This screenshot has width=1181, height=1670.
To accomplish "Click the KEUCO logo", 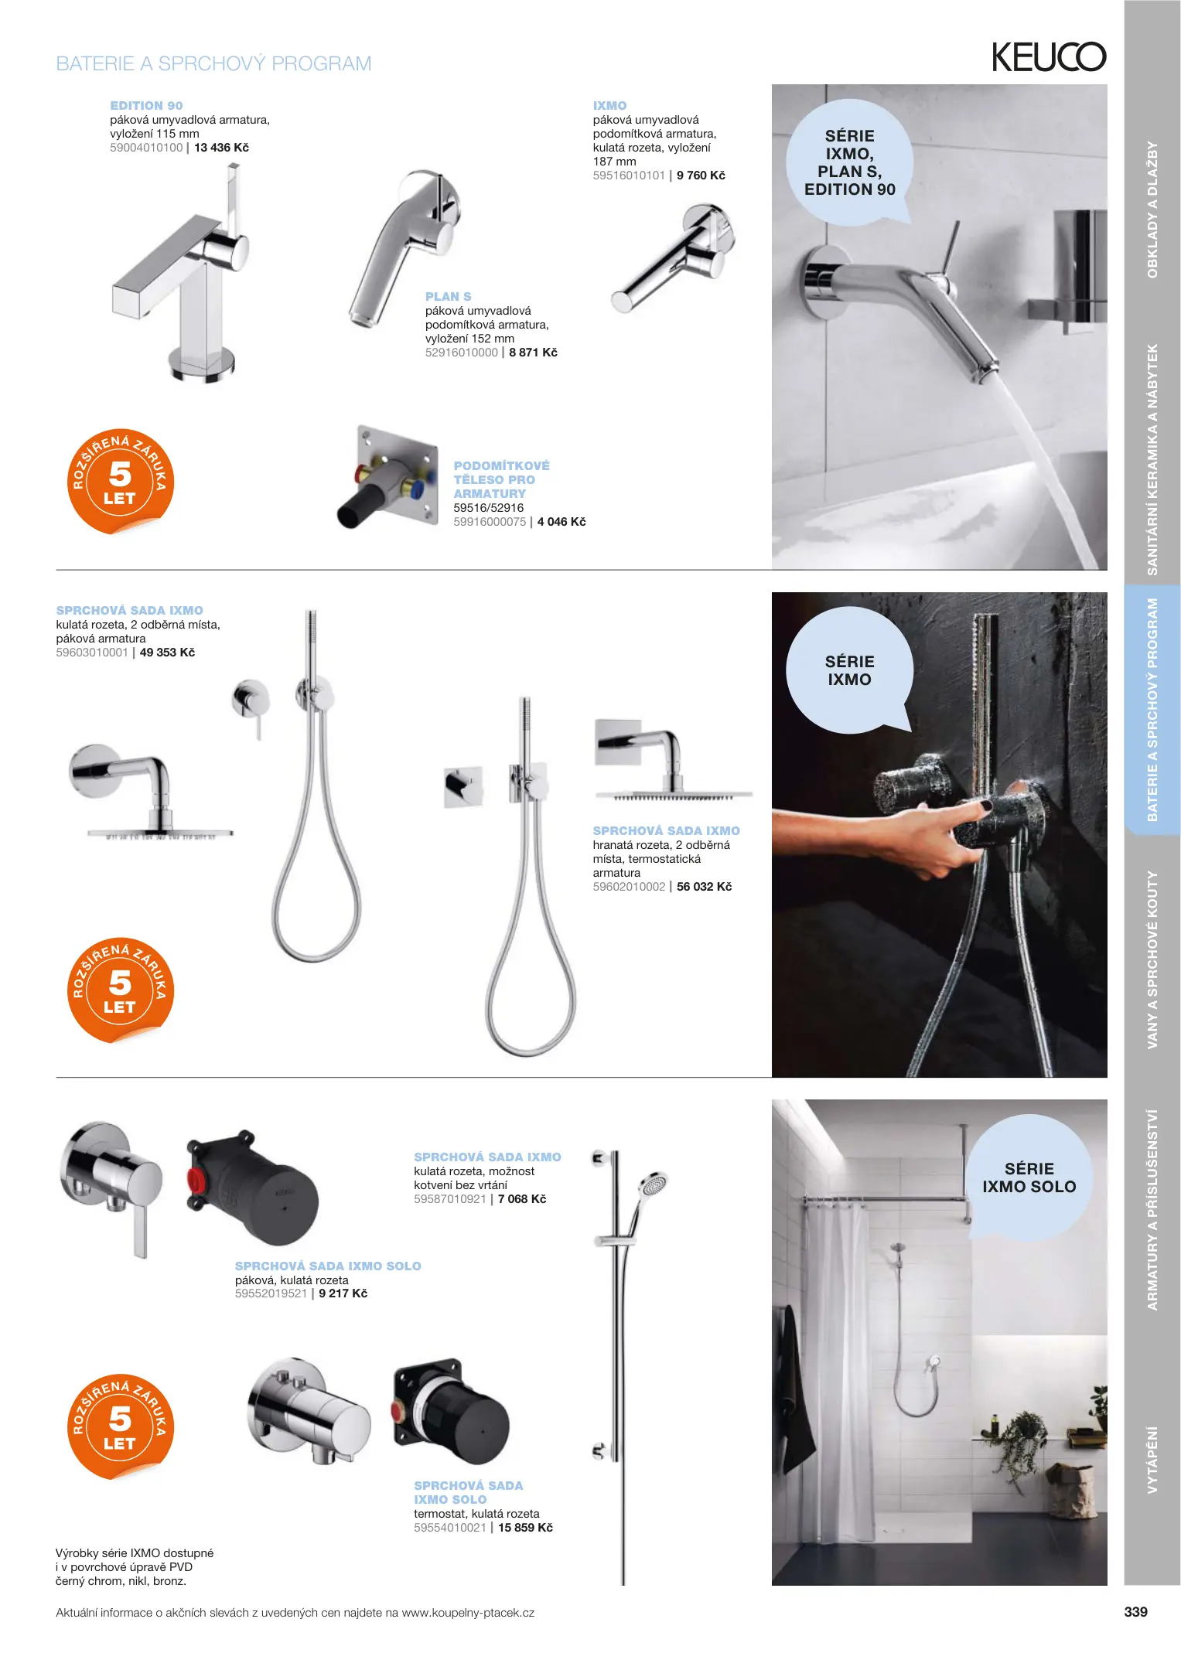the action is click(x=1049, y=56).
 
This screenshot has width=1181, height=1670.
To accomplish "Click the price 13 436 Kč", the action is click(x=221, y=148).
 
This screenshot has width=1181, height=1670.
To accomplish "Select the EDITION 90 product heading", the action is click(x=146, y=106).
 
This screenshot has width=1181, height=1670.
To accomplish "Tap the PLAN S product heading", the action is click(x=448, y=297).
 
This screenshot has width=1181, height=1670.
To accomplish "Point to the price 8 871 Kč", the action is click(x=533, y=353).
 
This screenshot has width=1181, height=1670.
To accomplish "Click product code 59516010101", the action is click(x=629, y=176).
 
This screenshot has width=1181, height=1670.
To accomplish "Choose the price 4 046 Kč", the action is click(x=561, y=522).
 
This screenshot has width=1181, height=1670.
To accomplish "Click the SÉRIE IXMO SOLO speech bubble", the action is click(x=1029, y=1178).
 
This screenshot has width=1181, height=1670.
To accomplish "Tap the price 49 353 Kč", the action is click(x=167, y=653).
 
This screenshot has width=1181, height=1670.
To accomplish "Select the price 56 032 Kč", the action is click(x=704, y=887).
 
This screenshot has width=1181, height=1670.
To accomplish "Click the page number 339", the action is click(x=1135, y=1612).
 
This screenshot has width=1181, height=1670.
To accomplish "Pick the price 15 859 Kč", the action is click(x=525, y=1528).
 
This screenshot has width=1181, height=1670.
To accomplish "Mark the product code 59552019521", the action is click(x=271, y=1293).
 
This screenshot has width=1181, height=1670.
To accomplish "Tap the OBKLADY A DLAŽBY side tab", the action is click(x=1152, y=210).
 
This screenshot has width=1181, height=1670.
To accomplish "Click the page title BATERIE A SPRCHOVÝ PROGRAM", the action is click(x=213, y=63).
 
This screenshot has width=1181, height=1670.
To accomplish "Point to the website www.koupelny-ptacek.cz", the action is click(x=468, y=1613).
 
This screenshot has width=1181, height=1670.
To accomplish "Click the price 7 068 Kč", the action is click(x=522, y=1199).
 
